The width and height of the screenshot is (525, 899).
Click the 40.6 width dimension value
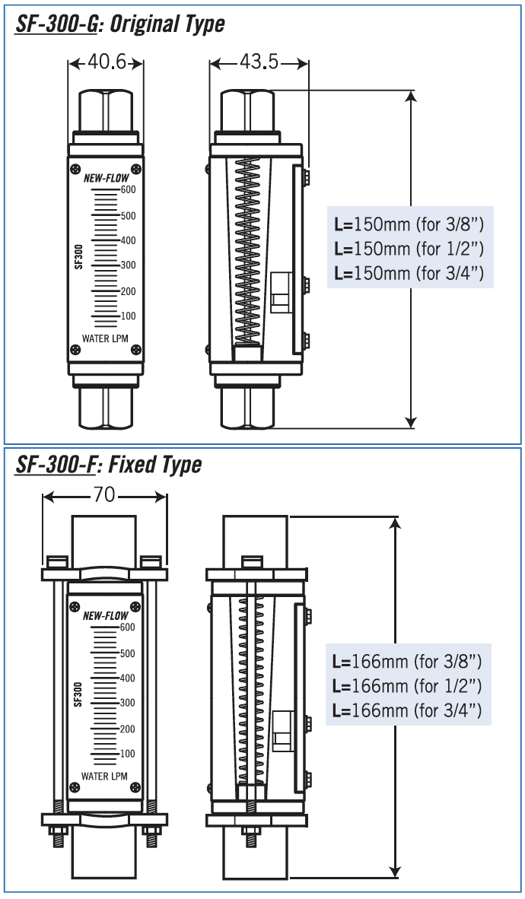click(x=107, y=62)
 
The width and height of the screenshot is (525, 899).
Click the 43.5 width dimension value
click(x=259, y=62)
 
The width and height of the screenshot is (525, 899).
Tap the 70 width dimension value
click(x=104, y=495)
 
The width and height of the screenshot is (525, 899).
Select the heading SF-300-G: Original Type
click(x=120, y=24)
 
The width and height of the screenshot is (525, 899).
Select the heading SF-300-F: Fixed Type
click(x=109, y=464)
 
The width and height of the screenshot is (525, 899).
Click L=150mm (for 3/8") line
click(x=409, y=224)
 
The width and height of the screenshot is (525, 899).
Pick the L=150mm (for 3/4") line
click(x=409, y=273)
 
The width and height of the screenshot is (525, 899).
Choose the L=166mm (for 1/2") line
click(x=408, y=686)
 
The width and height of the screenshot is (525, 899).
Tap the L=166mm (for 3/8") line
click(x=408, y=661)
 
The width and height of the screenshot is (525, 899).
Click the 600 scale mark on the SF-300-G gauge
click(x=128, y=189)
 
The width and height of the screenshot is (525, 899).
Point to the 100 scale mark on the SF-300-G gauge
click(x=128, y=316)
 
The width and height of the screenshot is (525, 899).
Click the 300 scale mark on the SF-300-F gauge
click(x=128, y=703)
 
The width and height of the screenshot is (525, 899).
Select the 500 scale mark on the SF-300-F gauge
click(x=128, y=653)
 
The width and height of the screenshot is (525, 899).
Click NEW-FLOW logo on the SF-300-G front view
click(x=106, y=178)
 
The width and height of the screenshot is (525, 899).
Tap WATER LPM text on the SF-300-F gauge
click(x=105, y=776)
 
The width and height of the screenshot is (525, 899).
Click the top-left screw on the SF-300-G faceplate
click(x=75, y=169)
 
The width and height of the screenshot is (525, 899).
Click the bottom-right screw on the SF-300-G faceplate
click(x=136, y=350)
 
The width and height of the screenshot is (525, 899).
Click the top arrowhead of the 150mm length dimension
click(x=412, y=95)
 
